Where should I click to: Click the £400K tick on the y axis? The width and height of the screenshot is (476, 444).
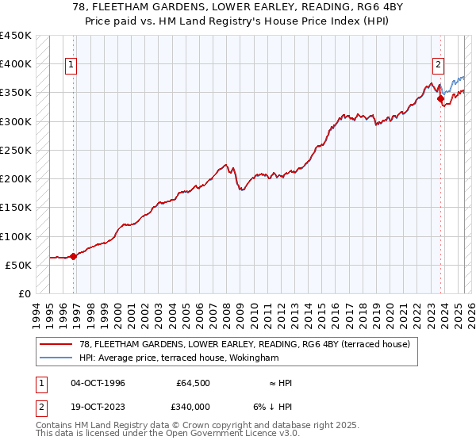pos(15,64)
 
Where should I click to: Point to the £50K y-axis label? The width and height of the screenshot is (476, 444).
pos(18,265)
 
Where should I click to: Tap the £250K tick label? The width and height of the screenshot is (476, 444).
pos(15,150)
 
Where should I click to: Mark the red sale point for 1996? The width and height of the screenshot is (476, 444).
pos(73,256)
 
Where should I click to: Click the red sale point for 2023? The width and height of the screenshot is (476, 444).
pos(440,98)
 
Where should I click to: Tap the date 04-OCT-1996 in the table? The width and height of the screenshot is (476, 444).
pos(98,383)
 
